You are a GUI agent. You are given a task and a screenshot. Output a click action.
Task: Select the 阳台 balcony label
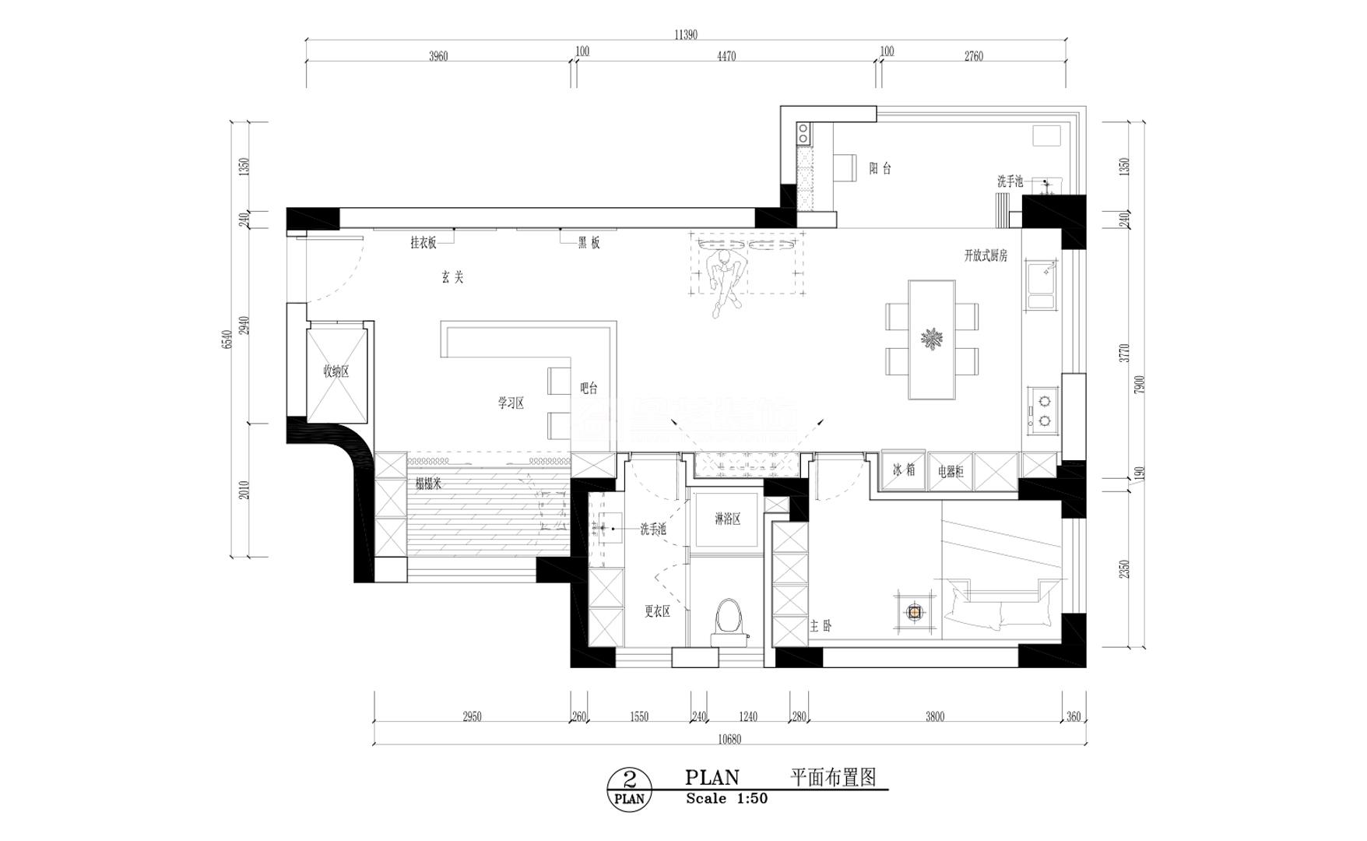click(880, 168)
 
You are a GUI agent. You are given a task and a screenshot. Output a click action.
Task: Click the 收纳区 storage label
click(336, 371)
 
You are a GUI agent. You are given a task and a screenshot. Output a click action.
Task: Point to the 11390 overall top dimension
click(685, 34)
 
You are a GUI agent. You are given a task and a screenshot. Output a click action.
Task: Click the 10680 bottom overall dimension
click(729, 739)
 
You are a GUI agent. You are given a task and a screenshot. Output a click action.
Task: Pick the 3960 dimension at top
click(438, 56)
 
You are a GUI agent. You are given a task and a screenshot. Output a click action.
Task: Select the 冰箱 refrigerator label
click(904, 470)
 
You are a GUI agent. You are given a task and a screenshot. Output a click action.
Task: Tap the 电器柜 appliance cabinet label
click(951, 471)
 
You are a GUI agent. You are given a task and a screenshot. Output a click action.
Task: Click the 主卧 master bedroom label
click(821, 625)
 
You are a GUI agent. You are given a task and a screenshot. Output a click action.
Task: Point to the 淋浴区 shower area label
click(728, 519)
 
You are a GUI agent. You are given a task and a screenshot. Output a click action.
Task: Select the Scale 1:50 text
click(726, 799)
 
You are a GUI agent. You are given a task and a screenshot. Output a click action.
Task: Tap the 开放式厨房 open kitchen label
click(986, 255)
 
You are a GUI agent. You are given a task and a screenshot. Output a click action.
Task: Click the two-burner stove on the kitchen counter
click(1043, 411)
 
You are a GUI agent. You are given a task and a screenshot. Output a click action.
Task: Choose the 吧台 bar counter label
click(589, 388)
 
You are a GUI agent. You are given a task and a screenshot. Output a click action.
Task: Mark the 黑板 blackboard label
click(589, 243)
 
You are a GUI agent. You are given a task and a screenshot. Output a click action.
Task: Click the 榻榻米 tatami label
click(429, 484)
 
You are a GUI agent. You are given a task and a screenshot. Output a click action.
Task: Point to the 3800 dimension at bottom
click(935, 716)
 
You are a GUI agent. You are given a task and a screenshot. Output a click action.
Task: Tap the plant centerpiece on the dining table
click(932, 340)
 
